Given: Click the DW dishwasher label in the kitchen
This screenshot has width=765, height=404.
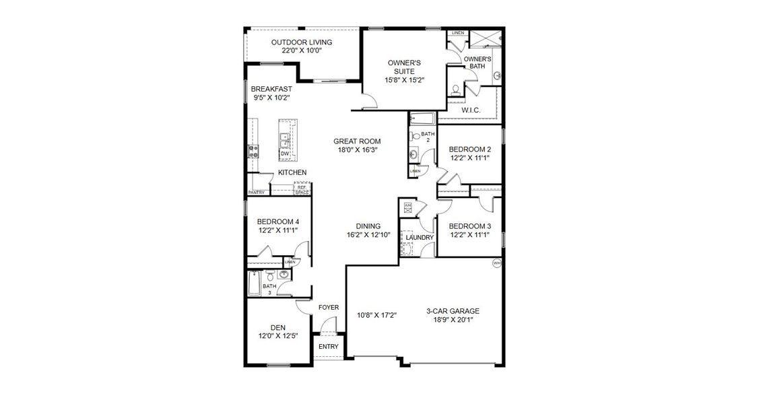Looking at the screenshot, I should tap(285, 154).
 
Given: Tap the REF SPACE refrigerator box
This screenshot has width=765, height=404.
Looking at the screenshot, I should tap(302, 189).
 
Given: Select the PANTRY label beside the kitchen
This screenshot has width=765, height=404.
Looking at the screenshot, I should tap(256, 193).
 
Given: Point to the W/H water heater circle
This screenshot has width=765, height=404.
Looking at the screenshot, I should tap(497, 263).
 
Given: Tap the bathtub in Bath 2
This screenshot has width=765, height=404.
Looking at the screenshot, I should tap(422, 120).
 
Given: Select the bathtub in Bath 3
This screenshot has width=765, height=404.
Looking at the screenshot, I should tap(253, 283).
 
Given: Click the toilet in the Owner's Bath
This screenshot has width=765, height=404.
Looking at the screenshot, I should tap(455, 89).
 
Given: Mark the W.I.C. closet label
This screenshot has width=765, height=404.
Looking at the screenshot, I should tap(470, 110).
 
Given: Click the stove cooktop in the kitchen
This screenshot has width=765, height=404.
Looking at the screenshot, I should tap(253, 151).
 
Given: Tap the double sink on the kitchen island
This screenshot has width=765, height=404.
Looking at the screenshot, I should tap(285, 141).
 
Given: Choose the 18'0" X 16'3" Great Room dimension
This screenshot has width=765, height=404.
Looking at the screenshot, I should tap(357, 150).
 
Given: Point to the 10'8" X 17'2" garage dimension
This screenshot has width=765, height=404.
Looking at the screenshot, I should tap(376, 315).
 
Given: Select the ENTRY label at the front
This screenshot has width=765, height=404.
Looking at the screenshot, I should tap(329, 347).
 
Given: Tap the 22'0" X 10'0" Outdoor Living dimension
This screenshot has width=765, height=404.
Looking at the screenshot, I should tap(302, 50).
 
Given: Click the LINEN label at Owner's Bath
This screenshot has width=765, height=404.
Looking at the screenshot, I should tap(458, 32).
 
